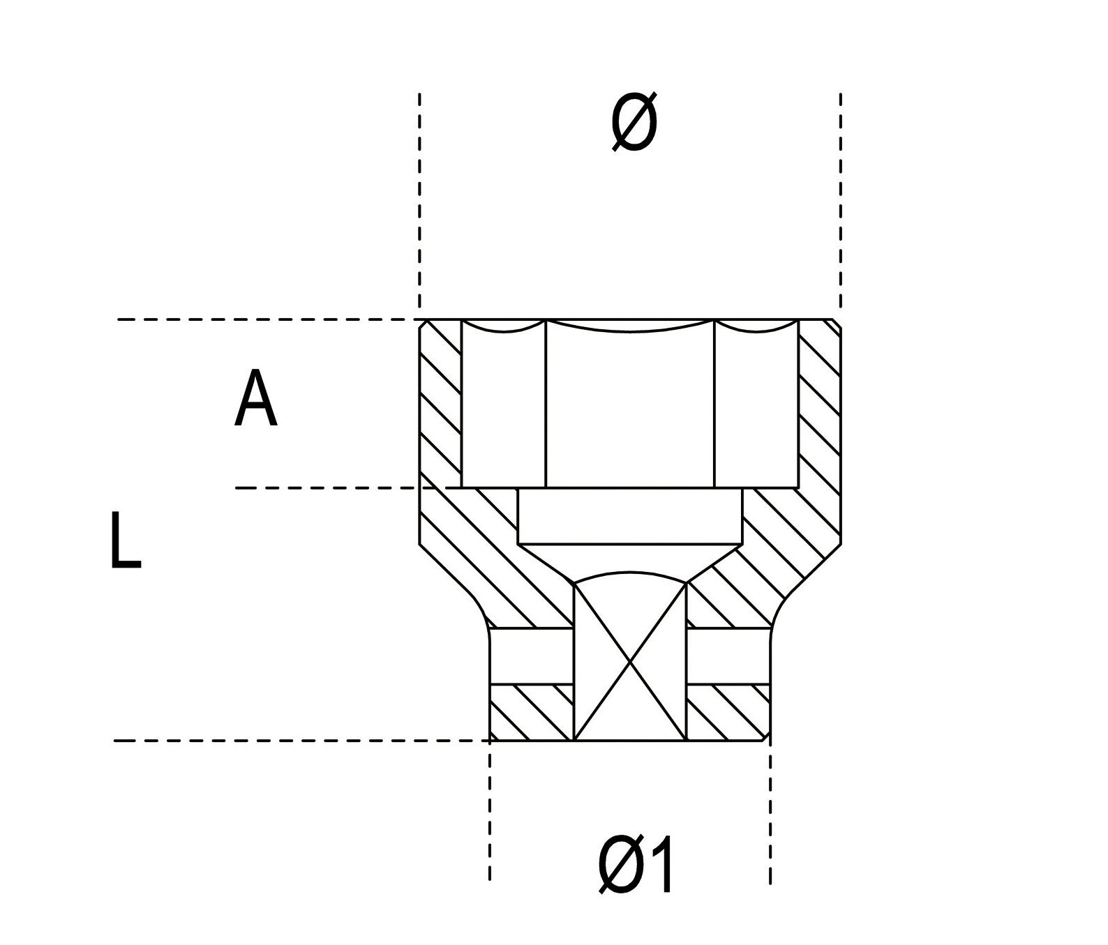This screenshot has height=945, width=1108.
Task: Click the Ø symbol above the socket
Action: click(634, 123)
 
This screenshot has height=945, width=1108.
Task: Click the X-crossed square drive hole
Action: click(630, 661)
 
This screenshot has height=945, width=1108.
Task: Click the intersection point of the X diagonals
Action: click(630, 660)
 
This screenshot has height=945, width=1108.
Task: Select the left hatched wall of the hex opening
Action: click(440, 405)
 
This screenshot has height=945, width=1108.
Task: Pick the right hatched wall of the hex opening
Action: click(819, 405)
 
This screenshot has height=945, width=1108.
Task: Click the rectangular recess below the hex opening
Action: click(630, 516)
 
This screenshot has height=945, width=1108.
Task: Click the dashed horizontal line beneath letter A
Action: click(328, 488)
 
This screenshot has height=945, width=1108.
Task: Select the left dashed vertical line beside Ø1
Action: click(490, 812)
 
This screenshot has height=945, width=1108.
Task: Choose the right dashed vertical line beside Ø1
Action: click(770, 812)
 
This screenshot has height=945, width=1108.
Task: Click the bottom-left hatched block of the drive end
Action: click(532, 712)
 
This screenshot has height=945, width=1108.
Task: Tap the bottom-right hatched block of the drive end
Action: click(728, 712)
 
